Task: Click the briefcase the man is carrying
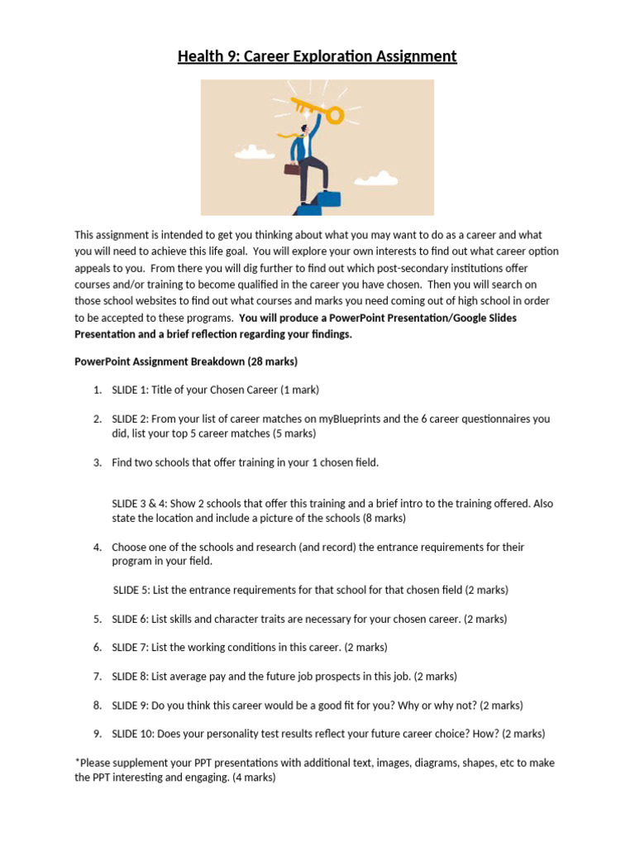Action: [x=293, y=169]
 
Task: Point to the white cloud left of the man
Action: [x=255, y=152]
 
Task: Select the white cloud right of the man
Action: [x=376, y=178]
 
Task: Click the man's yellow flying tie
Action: [x=289, y=134]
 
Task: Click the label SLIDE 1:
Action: [x=131, y=390]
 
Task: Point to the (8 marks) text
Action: [x=384, y=518]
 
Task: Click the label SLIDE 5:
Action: [x=131, y=590]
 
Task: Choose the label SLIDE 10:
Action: [x=134, y=733]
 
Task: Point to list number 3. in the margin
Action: [x=97, y=462]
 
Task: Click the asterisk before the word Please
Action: [x=77, y=762]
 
